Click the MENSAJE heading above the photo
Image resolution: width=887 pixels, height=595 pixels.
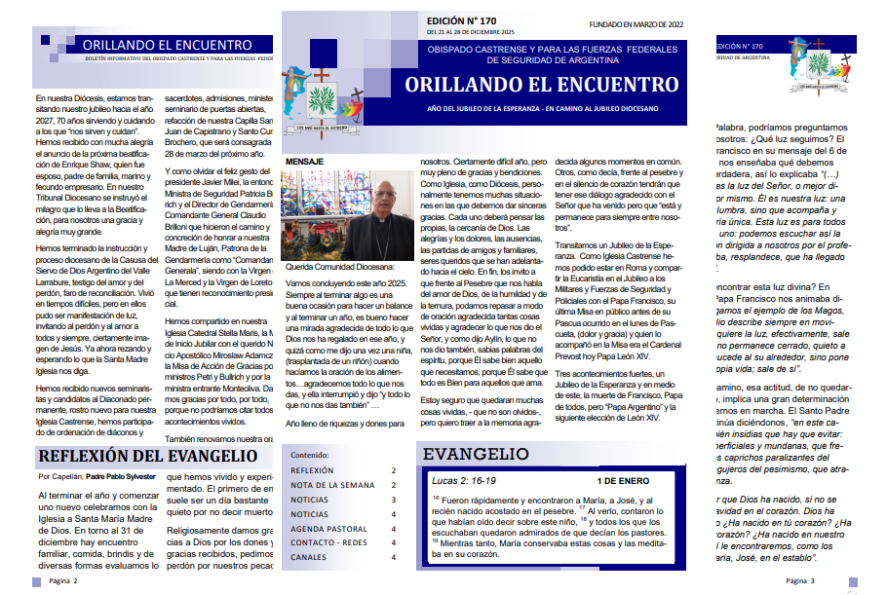pos(304,162)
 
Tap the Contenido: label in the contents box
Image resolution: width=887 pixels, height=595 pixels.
pos(311,454)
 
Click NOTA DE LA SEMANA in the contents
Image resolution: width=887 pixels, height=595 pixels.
pos(332,484)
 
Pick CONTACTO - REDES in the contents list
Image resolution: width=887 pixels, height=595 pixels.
pos(328,542)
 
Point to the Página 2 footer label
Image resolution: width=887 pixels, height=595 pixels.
pos(62,580)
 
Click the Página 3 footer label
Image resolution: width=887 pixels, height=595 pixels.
pos(802,580)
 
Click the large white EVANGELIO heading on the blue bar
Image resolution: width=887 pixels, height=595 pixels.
pos(477,455)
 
